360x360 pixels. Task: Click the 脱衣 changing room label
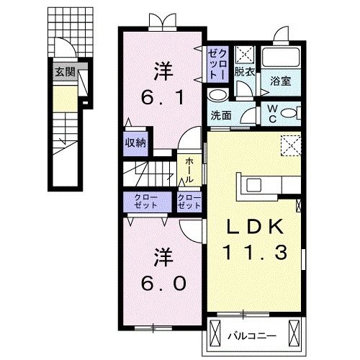pos(245,72)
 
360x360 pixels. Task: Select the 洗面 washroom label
pos(221,115)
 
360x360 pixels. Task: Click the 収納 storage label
pos(136,143)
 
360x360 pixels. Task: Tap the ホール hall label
pos(189,171)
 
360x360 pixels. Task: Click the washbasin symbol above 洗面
pos(217,96)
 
